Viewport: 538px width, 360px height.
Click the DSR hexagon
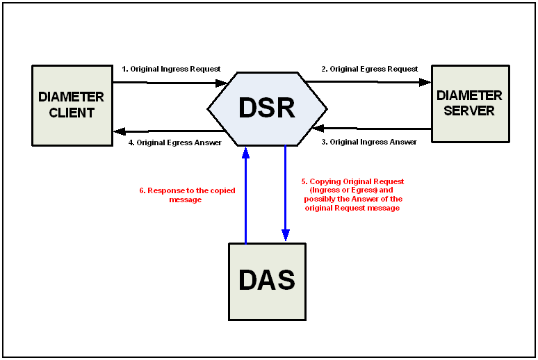pyautogui.click(x=267, y=108)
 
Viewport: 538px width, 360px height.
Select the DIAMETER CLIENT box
pyautogui.click(x=72, y=105)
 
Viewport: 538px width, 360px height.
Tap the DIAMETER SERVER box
pyautogui.click(x=469, y=104)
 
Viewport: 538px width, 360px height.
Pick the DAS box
pyautogui.click(x=267, y=281)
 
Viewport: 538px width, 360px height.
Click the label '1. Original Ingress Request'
pyautogui.click(x=171, y=69)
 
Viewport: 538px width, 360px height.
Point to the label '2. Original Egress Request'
pyautogui.click(x=369, y=69)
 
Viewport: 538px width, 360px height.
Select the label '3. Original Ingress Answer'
pyautogui.click(x=369, y=142)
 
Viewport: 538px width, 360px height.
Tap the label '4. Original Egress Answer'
pyautogui.click(x=174, y=142)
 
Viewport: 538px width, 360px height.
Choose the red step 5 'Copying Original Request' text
pyautogui.click(x=352, y=195)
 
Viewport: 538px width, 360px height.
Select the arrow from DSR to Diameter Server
pyautogui.click(x=368, y=82)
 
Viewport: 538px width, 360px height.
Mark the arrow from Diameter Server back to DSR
pyautogui.click(x=372, y=129)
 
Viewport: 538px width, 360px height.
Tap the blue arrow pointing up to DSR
pyautogui.click(x=245, y=195)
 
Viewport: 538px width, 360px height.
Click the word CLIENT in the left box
pyautogui.click(x=72, y=113)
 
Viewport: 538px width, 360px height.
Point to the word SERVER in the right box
pyautogui.click(x=469, y=111)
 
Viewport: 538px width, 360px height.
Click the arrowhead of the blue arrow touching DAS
pyautogui.click(x=285, y=235)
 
